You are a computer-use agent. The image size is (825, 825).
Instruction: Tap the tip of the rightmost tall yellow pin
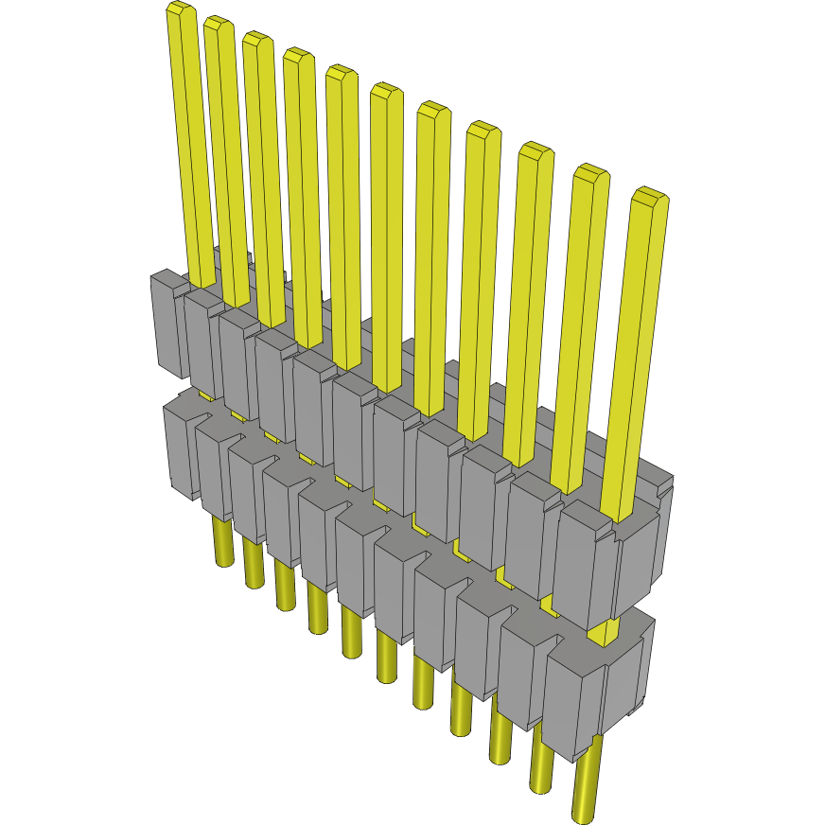[650, 196]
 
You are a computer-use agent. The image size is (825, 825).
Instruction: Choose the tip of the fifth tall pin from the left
[341, 72]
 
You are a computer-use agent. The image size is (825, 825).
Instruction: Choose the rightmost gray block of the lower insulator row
[591, 700]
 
